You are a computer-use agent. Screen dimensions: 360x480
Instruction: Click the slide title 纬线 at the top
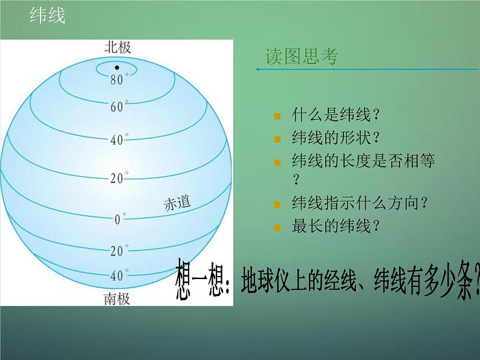(47, 16)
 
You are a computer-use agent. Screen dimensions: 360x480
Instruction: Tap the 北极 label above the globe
(117, 47)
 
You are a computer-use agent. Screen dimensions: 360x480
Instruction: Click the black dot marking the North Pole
(117, 66)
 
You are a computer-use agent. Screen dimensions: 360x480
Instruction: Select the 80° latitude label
(117, 79)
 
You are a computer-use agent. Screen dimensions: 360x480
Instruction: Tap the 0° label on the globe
(120, 219)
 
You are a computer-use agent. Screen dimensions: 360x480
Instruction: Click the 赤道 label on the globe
(177, 203)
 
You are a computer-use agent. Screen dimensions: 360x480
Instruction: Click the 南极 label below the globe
(117, 298)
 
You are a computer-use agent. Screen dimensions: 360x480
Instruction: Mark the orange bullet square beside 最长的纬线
(277, 228)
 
